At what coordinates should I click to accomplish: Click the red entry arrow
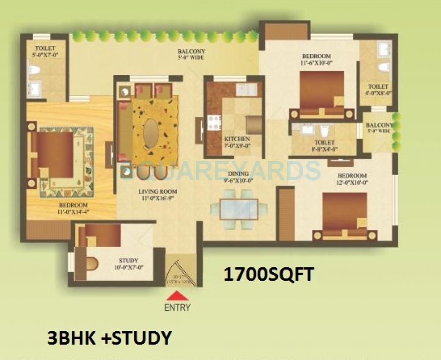[x=177, y=296]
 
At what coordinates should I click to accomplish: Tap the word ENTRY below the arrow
[x=177, y=307]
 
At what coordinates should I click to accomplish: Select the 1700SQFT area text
[x=269, y=274]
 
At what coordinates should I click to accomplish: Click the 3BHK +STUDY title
[x=109, y=338]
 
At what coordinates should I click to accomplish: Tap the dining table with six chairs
[x=239, y=209]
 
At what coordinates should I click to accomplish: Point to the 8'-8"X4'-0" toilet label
[x=324, y=146]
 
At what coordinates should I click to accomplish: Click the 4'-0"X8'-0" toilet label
[x=378, y=90]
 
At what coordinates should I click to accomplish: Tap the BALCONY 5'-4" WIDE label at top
[x=191, y=54]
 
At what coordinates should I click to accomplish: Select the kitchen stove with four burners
[x=214, y=122]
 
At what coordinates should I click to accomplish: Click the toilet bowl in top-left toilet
[x=34, y=70]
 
